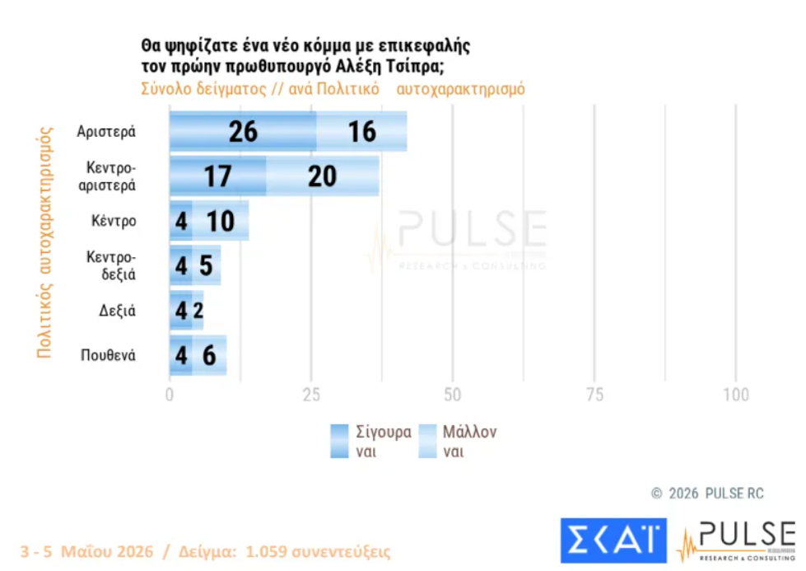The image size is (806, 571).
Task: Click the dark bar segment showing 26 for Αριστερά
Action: click(x=243, y=131)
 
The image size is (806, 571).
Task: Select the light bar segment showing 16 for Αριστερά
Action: click(x=362, y=131)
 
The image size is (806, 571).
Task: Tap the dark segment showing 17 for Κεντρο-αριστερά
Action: click(x=218, y=176)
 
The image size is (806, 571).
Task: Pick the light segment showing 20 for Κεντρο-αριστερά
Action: click(x=323, y=176)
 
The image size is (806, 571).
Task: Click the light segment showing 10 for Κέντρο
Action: click(x=221, y=221)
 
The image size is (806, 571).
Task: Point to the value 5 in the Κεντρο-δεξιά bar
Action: click(x=206, y=265)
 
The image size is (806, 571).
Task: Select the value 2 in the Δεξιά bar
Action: click(x=198, y=310)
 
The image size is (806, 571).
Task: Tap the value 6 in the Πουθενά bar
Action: click(x=209, y=355)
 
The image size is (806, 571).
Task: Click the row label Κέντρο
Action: click(x=114, y=221)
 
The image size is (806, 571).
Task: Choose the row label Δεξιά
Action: click(x=117, y=311)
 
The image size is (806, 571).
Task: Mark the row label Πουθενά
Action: click(x=108, y=355)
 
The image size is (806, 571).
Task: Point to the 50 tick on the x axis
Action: click(x=452, y=395)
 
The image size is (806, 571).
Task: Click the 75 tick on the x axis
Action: click(x=594, y=395)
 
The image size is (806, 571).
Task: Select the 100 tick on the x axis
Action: click(x=736, y=395)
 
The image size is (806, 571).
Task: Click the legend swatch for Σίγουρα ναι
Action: click(x=339, y=441)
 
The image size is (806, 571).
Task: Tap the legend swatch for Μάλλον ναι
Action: click(x=427, y=441)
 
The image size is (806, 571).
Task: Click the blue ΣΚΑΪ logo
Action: click(x=613, y=541)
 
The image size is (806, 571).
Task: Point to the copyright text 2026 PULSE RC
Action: click(x=716, y=494)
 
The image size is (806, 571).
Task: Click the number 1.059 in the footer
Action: click(x=266, y=551)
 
